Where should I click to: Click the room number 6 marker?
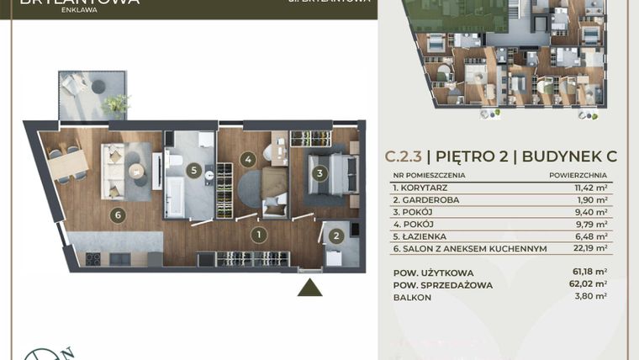coord(118,215)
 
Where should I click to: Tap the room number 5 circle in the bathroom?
coord(194,171)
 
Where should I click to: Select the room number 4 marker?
coord(247,158)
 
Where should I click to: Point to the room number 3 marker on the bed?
coord(319,173)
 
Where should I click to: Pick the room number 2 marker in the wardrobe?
coord(335,236)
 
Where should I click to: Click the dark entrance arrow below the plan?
coord(310,288)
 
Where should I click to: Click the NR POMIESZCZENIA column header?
coord(429,175)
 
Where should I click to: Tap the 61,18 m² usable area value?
coord(590,273)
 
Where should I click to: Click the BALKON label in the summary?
coord(411,296)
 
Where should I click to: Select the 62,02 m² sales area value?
coord(590,284)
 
